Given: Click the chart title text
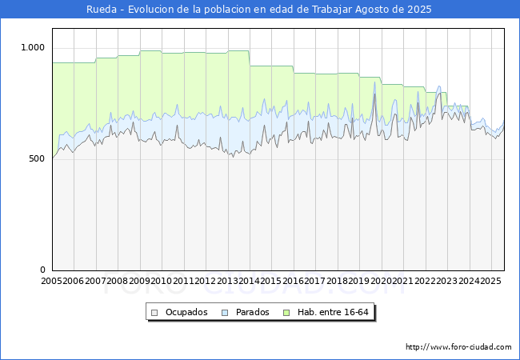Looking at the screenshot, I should coord(259,10).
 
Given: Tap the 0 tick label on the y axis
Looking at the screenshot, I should coord(43,270).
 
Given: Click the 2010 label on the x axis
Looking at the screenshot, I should coord(162,281).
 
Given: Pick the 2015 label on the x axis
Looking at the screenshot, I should coord(271,281).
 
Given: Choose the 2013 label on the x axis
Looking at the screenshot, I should coord(227,281).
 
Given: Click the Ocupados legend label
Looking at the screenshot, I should coord(186,312).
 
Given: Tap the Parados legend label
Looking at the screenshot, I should coord(253,312).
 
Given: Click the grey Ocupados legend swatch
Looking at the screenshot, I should coord(155,312).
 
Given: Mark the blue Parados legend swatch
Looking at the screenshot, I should coord(226,312).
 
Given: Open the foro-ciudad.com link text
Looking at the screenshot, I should coord(458,347).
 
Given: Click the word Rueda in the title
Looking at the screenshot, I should coord(101,10).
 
